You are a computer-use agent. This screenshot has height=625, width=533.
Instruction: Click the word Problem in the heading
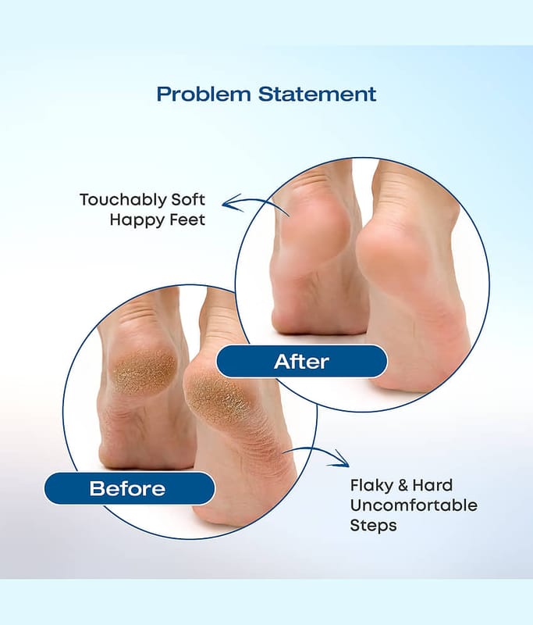(x=204, y=95)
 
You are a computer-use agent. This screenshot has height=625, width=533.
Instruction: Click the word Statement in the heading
(x=318, y=94)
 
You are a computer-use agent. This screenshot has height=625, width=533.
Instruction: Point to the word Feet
(x=187, y=220)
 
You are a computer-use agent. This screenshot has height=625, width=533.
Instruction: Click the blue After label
(x=302, y=362)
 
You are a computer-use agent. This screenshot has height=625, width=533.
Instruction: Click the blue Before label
(x=130, y=488)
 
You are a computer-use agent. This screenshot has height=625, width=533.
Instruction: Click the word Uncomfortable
(x=414, y=505)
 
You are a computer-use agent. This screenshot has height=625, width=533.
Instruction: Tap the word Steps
(x=373, y=525)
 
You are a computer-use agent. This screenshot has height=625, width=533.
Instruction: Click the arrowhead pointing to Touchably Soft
(x=231, y=202)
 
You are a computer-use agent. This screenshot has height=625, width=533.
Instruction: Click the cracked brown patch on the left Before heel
(x=144, y=372)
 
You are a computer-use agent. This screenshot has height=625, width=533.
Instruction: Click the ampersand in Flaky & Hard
(x=403, y=485)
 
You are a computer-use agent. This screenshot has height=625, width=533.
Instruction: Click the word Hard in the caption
(x=432, y=485)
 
